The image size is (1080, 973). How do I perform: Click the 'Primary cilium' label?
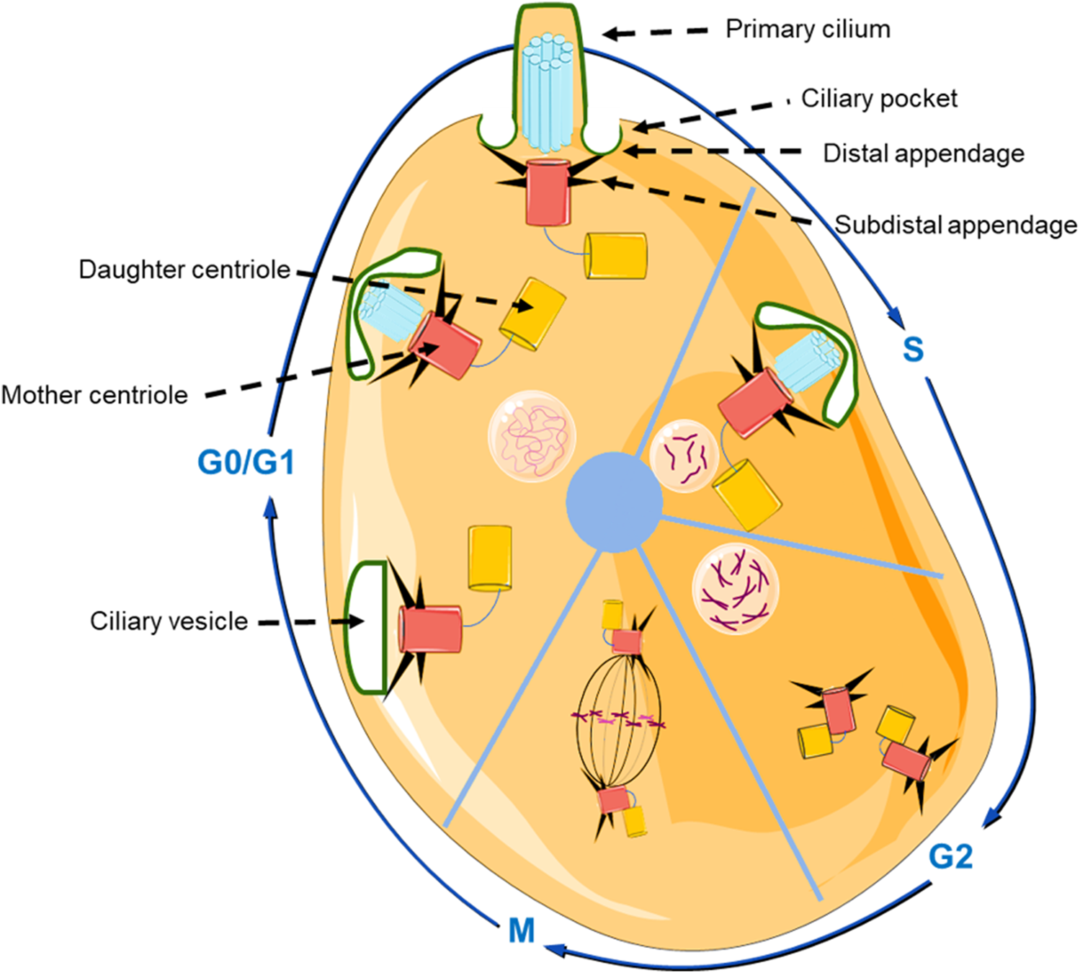click(807, 30)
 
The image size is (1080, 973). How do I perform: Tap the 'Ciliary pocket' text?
click(879, 99)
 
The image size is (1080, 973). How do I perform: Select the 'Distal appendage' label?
click(923, 154)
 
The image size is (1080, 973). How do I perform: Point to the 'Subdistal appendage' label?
click(955, 225)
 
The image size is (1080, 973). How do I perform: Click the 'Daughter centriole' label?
click(184, 270)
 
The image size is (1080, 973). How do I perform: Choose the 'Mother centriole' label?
click(94, 395)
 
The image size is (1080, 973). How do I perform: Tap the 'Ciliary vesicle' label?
click(169, 621)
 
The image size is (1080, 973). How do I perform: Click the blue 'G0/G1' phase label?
click(246, 462)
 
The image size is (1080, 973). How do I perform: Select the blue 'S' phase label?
click(913, 350)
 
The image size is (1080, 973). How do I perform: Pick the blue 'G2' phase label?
click(950, 856)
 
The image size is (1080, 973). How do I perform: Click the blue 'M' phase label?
click(522, 930)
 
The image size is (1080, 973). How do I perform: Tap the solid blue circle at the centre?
click(614, 502)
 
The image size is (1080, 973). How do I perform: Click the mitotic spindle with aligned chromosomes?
click(617, 721)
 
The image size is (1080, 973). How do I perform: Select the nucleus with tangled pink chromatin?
click(532, 436)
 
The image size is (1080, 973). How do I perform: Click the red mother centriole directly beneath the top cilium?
click(548, 192)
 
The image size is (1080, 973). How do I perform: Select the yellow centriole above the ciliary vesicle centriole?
click(490, 558)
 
